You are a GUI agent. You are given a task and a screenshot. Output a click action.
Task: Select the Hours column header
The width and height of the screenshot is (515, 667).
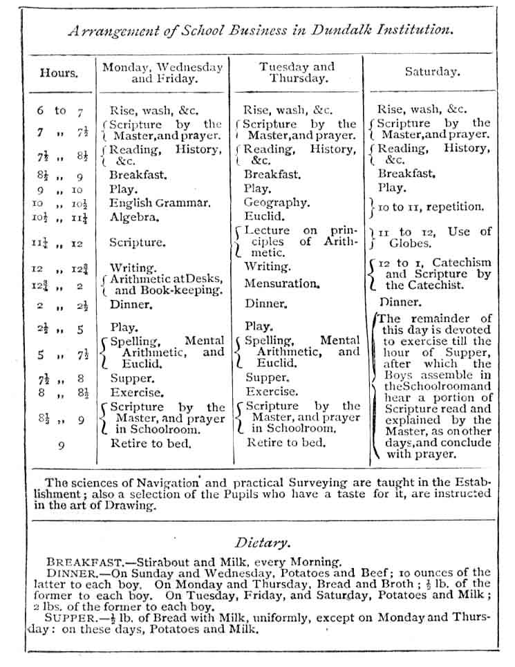[59, 72]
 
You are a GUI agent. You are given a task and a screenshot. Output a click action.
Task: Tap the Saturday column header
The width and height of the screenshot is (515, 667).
[432, 72]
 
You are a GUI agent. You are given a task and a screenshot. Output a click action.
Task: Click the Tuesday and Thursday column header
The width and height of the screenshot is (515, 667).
[297, 73]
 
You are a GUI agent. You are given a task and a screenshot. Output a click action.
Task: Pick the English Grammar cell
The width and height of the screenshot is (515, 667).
[160, 203]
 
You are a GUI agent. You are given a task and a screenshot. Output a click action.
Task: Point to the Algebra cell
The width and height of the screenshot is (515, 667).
[135, 217]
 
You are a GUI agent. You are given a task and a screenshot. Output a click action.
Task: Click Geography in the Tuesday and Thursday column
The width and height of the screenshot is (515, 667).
[276, 203]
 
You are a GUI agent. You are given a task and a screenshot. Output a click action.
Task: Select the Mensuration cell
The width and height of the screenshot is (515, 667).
[281, 283]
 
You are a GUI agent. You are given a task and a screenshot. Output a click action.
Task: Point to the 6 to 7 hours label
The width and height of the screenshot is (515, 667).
[60, 111]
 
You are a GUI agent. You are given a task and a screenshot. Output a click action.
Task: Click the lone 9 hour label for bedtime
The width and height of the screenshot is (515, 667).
[61, 446]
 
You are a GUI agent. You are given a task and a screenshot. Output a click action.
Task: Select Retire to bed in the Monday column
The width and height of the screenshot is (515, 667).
[151, 444]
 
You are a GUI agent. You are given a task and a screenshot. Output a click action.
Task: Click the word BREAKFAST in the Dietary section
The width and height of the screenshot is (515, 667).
[78, 563]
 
